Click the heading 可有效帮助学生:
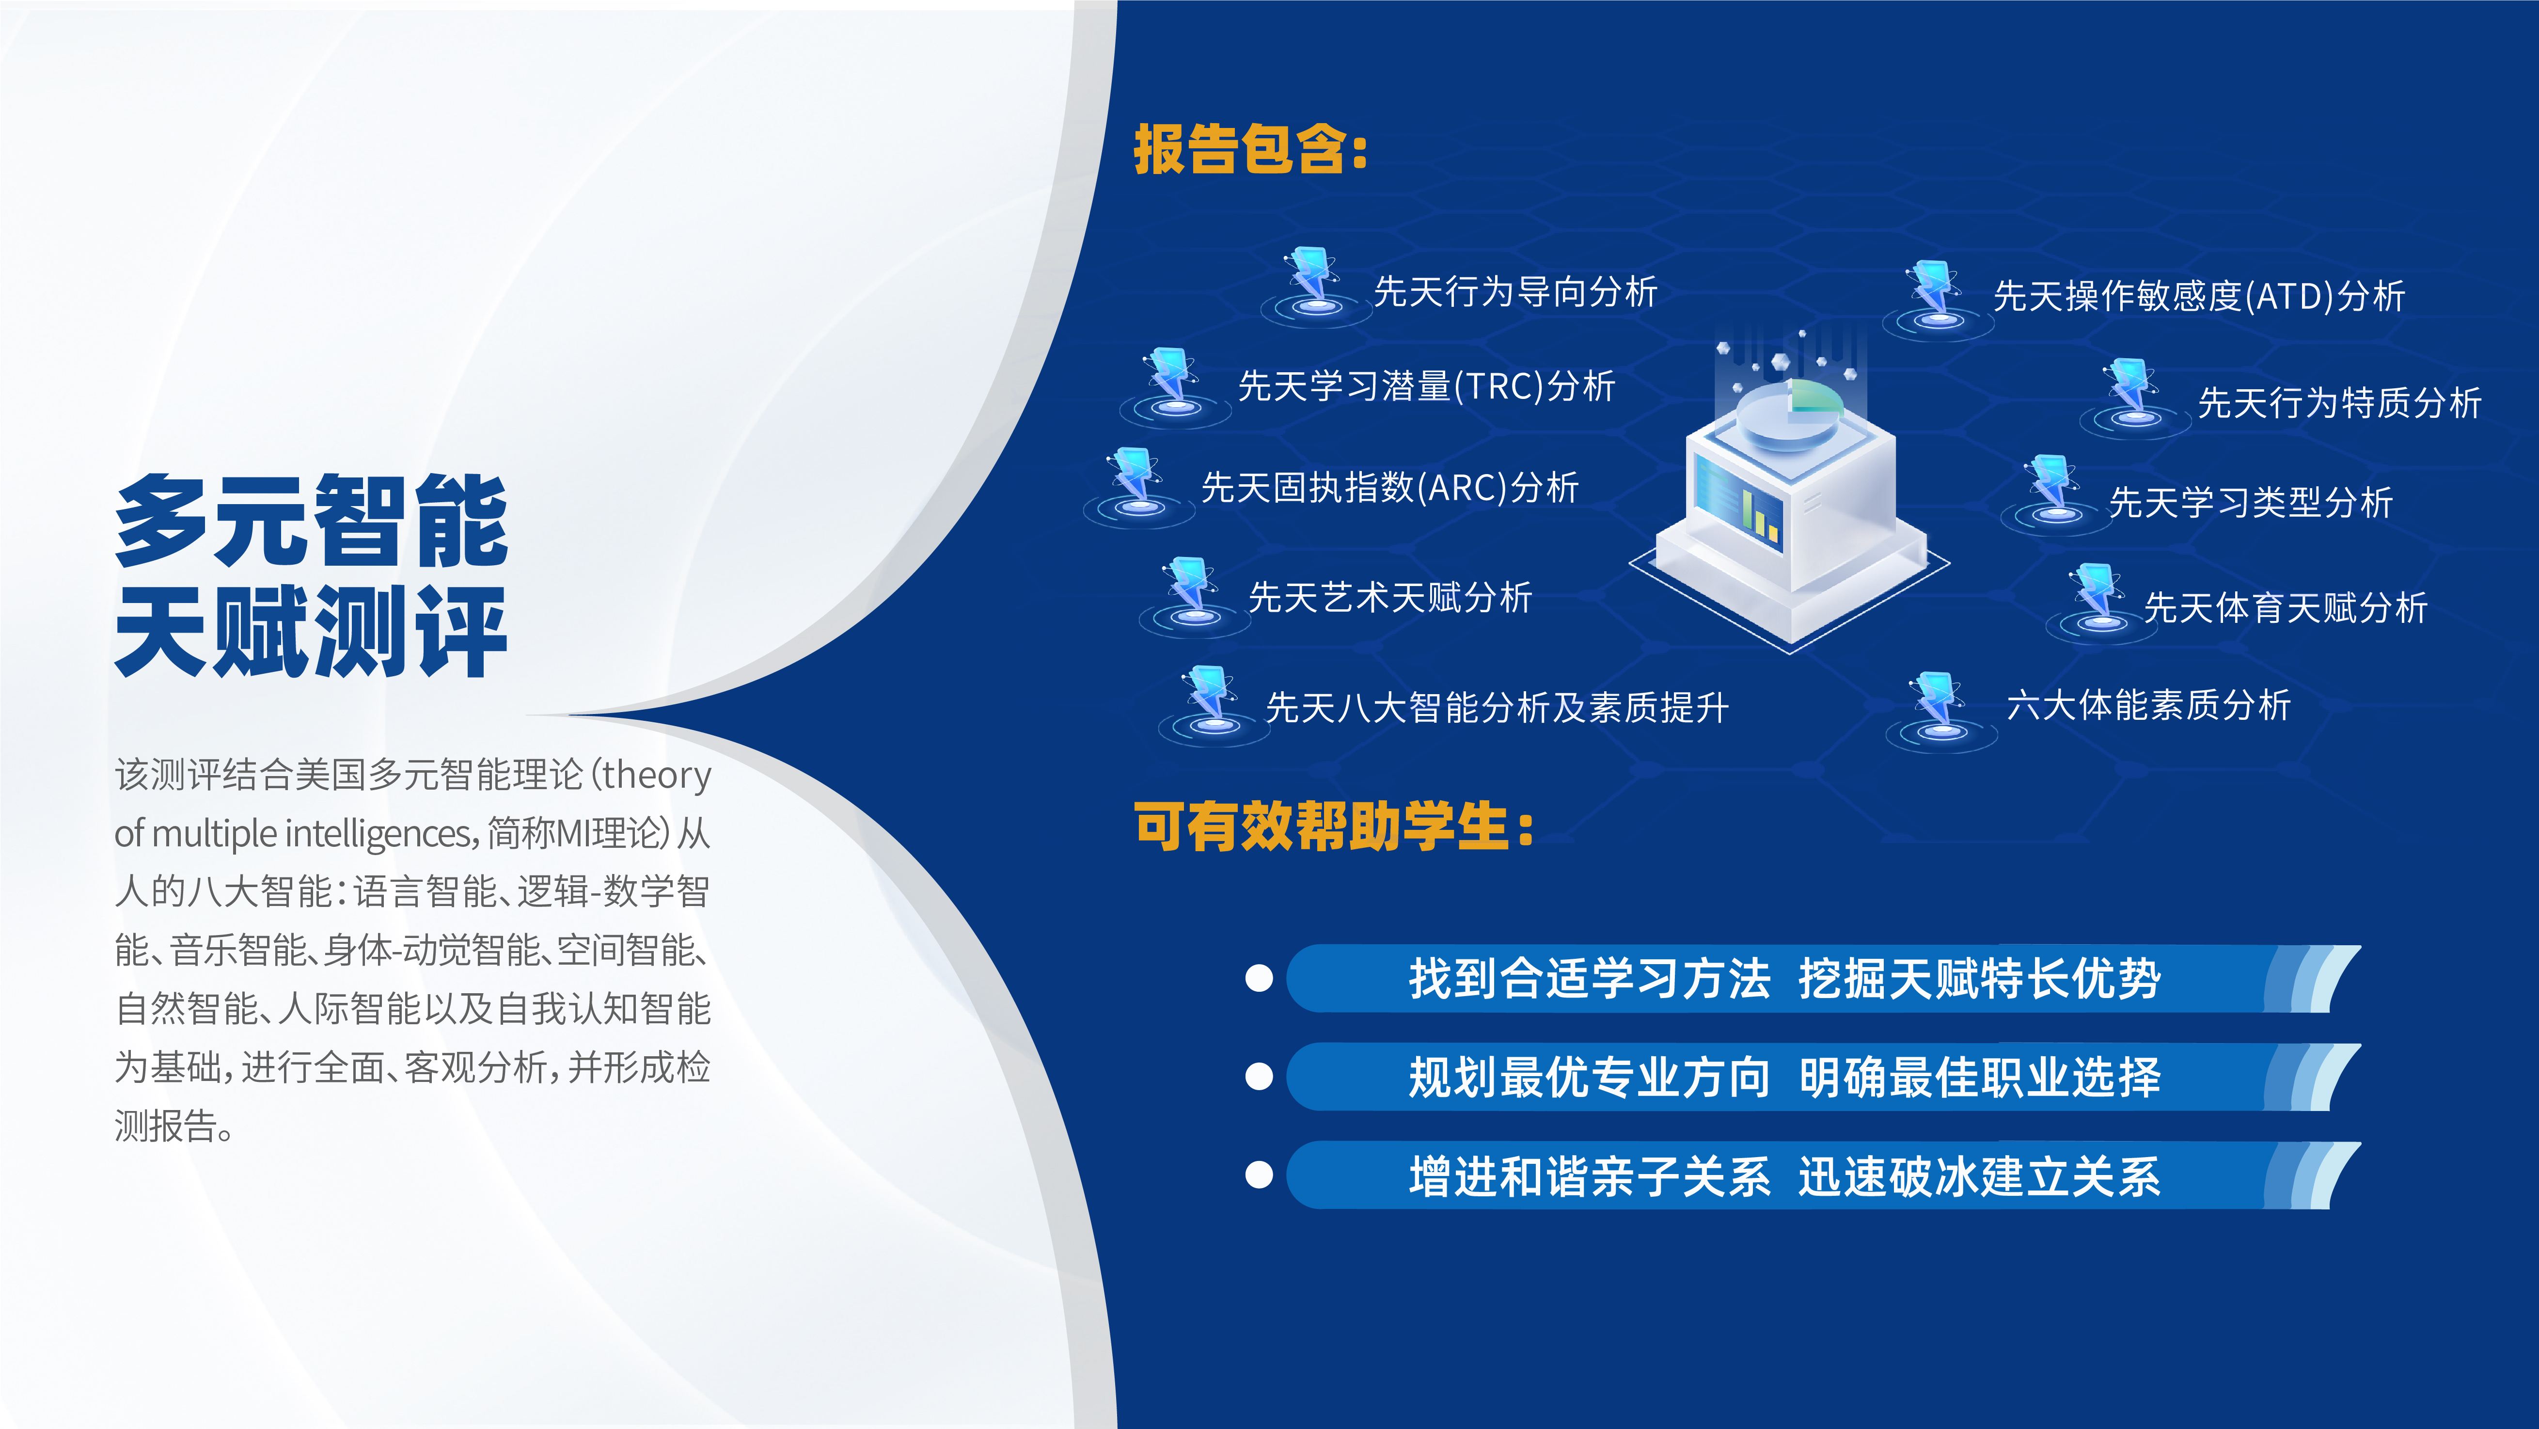(x=1334, y=826)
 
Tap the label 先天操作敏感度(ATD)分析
(x=2199, y=296)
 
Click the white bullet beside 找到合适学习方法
(x=1259, y=979)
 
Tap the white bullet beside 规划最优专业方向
(x=1259, y=1076)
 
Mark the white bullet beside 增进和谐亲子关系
(x=1259, y=1175)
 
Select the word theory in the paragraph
(x=656, y=776)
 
